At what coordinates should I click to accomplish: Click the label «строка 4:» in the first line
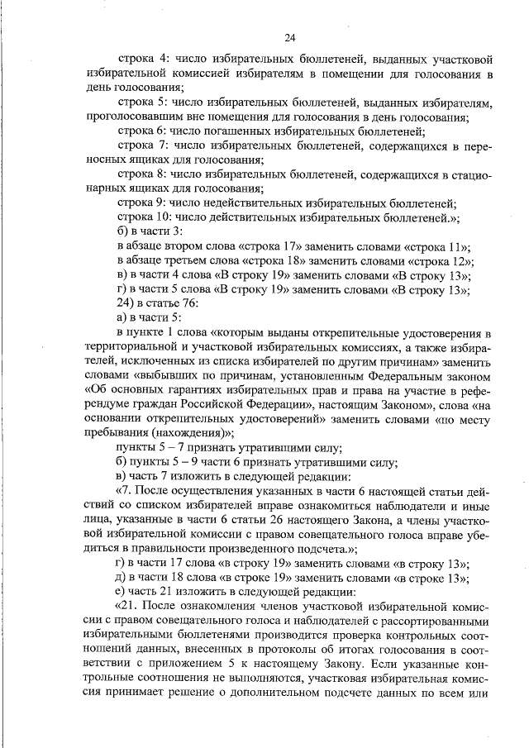[142, 59]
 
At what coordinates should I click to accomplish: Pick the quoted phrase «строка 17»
[275, 246]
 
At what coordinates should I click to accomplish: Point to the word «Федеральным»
[382, 376]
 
